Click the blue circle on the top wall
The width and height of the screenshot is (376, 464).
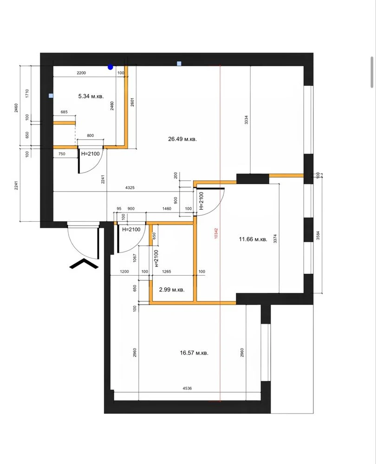click(x=110, y=67)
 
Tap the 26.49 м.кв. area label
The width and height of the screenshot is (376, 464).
click(x=182, y=139)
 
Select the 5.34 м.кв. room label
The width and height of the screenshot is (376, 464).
click(x=91, y=96)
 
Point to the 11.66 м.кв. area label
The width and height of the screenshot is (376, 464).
click(x=253, y=239)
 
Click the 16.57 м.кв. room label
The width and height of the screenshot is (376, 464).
click(x=194, y=353)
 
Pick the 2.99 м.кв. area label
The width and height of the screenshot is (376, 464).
click(x=172, y=290)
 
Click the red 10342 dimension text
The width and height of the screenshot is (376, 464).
click(x=216, y=233)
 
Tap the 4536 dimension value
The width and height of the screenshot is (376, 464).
click(x=187, y=388)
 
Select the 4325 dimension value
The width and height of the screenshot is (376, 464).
click(x=130, y=187)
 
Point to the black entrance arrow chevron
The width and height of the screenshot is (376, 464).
click(x=84, y=263)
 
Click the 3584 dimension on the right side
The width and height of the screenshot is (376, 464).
click(x=318, y=235)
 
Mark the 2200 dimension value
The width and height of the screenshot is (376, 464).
click(x=81, y=73)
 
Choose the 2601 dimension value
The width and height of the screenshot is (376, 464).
click(x=132, y=102)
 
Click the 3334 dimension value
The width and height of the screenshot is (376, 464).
click(x=246, y=120)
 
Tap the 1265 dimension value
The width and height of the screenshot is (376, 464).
click(x=166, y=271)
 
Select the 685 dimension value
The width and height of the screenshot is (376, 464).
click(x=64, y=112)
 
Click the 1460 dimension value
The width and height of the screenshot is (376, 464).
click(x=167, y=209)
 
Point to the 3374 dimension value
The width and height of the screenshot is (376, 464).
click(x=275, y=238)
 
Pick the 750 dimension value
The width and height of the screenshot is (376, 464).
click(x=62, y=154)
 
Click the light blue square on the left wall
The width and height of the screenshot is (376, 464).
click(x=51, y=96)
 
